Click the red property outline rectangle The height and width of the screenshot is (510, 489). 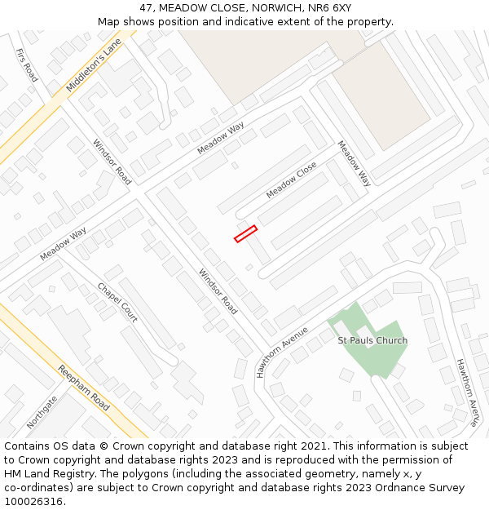[x=245, y=234]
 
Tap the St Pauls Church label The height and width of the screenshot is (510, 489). [x=372, y=340]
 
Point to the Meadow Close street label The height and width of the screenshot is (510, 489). [x=291, y=180]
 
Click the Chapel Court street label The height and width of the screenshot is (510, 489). [x=117, y=302]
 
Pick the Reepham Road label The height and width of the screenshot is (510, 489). [x=83, y=388]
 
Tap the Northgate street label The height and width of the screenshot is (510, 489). [x=42, y=412]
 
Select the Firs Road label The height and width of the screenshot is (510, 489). [x=27, y=64]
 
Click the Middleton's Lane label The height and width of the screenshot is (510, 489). [x=94, y=64]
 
